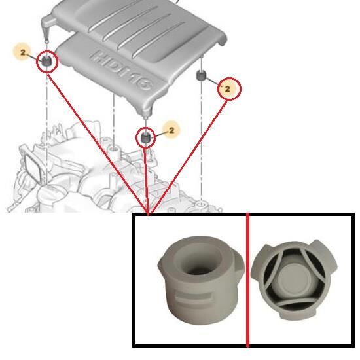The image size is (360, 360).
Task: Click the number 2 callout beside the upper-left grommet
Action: click(22, 52)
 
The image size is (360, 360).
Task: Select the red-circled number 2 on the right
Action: click(227, 89)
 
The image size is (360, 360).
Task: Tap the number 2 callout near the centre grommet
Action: click(171, 130)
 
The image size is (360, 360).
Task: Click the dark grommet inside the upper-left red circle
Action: click(47, 61)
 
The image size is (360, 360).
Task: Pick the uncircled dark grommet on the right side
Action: click(202, 76)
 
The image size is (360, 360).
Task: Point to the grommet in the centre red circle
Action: click(145, 137)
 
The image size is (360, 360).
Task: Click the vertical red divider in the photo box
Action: click(247, 279)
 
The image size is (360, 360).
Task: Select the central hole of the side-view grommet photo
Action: click(198, 259)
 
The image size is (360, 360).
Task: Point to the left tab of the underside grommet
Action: click(258, 262)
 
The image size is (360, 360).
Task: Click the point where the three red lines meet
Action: click(149, 213)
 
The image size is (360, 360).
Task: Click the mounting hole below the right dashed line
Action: click(202, 204)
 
